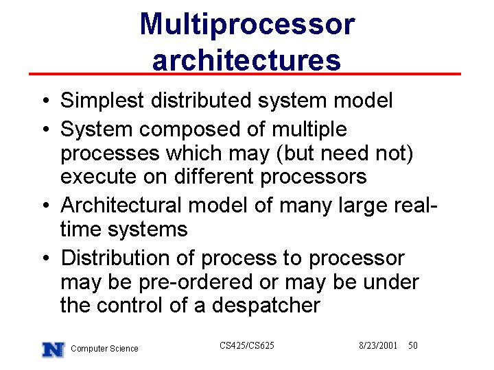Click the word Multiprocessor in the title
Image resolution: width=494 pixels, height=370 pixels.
pos(247,25)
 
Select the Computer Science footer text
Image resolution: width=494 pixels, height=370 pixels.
pos(104,349)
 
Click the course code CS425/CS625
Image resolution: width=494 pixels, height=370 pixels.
pos(247,345)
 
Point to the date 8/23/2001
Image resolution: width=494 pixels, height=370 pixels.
pos(378,345)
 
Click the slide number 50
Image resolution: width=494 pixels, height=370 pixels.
pos(413,345)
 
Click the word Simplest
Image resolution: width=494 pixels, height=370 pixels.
pos(102,101)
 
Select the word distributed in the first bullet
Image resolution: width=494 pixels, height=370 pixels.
pos(201,100)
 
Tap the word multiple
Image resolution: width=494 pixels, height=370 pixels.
pos(309,129)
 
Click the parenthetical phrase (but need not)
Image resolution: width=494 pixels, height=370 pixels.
pos(344,153)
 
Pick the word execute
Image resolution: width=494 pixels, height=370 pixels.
pos(98,177)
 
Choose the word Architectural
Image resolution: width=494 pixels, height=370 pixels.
pos(121,205)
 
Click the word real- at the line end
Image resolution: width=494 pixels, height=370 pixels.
pos(416,205)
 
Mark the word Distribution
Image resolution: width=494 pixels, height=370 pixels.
pos(115,258)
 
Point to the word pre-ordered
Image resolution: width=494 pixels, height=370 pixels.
pos(196,282)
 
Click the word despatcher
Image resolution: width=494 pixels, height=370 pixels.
pos(266,306)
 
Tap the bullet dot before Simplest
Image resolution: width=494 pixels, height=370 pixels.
pos(47,101)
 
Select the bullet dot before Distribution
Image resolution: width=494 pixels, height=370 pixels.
pos(47,258)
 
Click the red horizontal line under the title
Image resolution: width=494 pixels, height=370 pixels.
pos(245,74)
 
